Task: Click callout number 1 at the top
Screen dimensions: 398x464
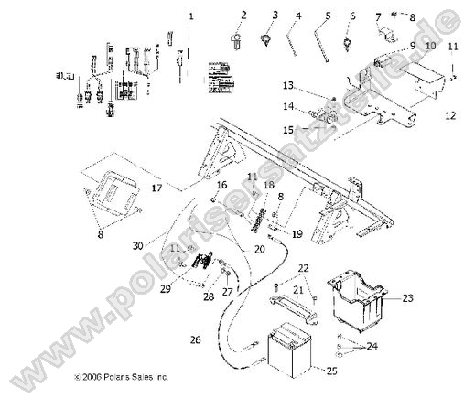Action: point(191,16)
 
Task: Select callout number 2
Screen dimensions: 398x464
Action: point(245,16)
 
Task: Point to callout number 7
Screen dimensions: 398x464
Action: point(378,16)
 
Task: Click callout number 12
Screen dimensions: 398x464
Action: point(450,116)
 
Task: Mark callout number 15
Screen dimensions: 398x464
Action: point(288,129)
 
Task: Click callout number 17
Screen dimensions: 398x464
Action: point(156,188)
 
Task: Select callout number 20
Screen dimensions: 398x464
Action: point(260,249)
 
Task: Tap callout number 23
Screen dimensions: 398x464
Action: point(408,297)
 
